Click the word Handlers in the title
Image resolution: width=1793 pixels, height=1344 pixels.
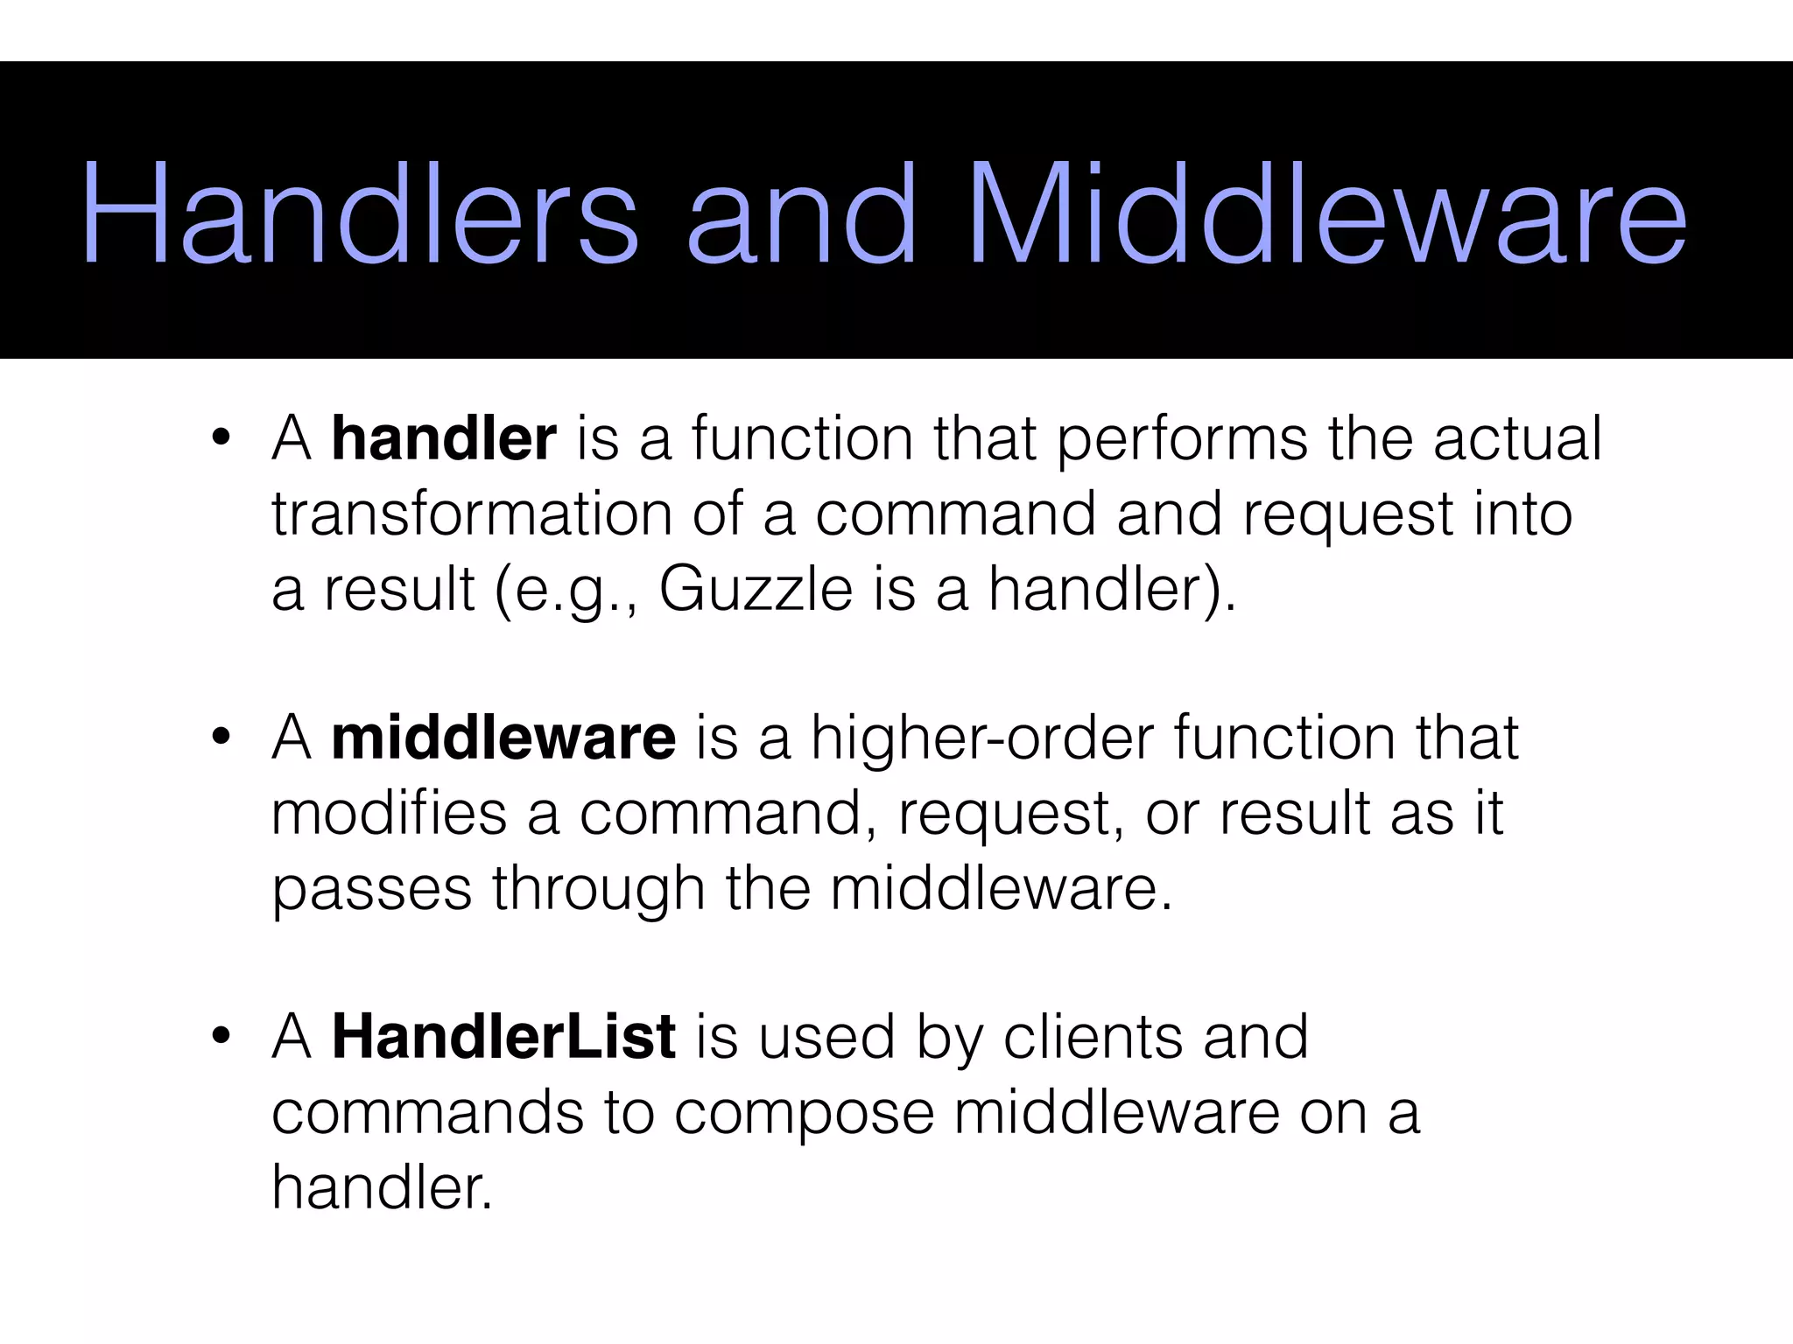pos(360,213)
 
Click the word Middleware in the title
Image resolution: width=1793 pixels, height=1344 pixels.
pos(1327,213)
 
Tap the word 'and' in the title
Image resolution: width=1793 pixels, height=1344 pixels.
pos(801,213)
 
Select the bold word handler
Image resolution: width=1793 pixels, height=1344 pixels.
pos(444,438)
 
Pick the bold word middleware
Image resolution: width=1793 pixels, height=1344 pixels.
pos(503,738)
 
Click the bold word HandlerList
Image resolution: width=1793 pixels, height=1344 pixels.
pos(503,1037)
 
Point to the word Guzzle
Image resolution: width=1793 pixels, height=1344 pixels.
pos(756,589)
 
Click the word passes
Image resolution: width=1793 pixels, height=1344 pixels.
pos(371,889)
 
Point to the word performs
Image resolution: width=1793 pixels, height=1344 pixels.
pos(1181,440)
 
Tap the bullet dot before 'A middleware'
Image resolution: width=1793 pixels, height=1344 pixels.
pos(221,737)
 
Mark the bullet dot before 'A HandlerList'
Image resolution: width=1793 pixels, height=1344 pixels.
pos(221,1036)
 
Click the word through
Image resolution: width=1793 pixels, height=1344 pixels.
pos(598,889)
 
